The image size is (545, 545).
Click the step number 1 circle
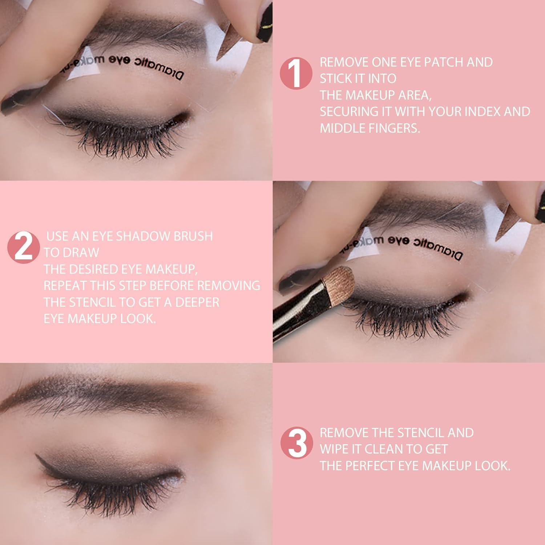click(x=296, y=73)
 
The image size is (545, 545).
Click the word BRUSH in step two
click(x=193, y=236)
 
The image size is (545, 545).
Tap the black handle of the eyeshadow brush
click(x=291, y=320)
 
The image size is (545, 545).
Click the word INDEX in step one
click(x=479, y=112)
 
